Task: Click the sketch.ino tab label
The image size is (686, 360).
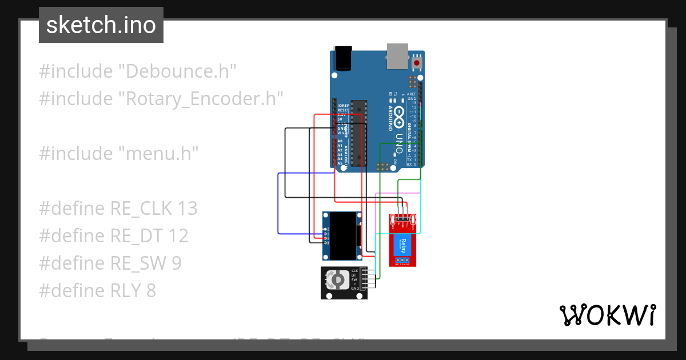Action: tap(101, 25)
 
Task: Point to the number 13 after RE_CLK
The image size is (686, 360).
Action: tap(187, 209)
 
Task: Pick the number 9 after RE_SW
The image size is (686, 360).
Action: tap(177, 263)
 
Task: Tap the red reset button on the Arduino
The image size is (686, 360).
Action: tap(417, 62)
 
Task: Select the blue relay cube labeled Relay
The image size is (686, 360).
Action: tap(403, 246)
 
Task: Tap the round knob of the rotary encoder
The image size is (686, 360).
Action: tap(338, 280)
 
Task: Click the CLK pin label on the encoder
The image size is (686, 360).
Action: tap(355, 271)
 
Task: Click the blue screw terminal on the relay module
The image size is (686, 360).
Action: tap(403, 260)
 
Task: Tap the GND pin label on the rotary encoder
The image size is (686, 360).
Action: tap(355, 289)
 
